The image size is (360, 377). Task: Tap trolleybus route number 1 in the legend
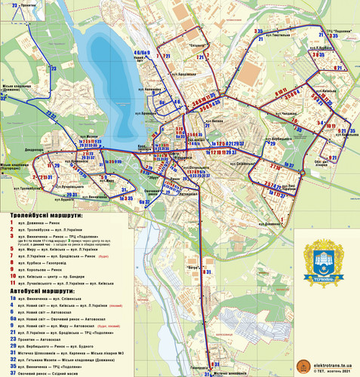coord(12,222)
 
